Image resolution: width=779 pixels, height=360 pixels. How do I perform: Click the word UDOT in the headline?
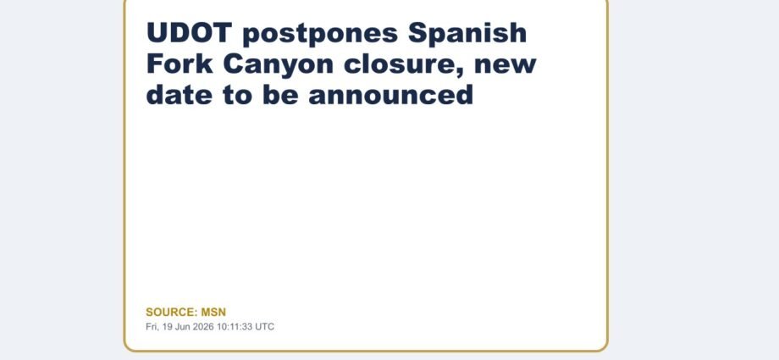click(x=190, y=33)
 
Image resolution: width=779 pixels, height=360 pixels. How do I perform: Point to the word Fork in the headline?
click(x=180, y=64)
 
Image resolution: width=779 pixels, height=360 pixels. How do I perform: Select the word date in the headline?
click(x=180, y=95)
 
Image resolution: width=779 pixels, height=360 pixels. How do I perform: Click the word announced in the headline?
click(x=391, y=95)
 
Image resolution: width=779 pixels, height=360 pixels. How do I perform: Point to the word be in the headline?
click(x=281, y=95)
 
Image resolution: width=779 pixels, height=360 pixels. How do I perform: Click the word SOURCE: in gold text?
click(x=172, y=313)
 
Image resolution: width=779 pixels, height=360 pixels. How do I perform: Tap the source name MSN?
click(x=213, y=313)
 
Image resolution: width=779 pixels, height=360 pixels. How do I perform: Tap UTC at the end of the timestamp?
click(x=265, y=327)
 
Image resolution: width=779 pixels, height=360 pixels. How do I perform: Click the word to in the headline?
click(x=237, y=96)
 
